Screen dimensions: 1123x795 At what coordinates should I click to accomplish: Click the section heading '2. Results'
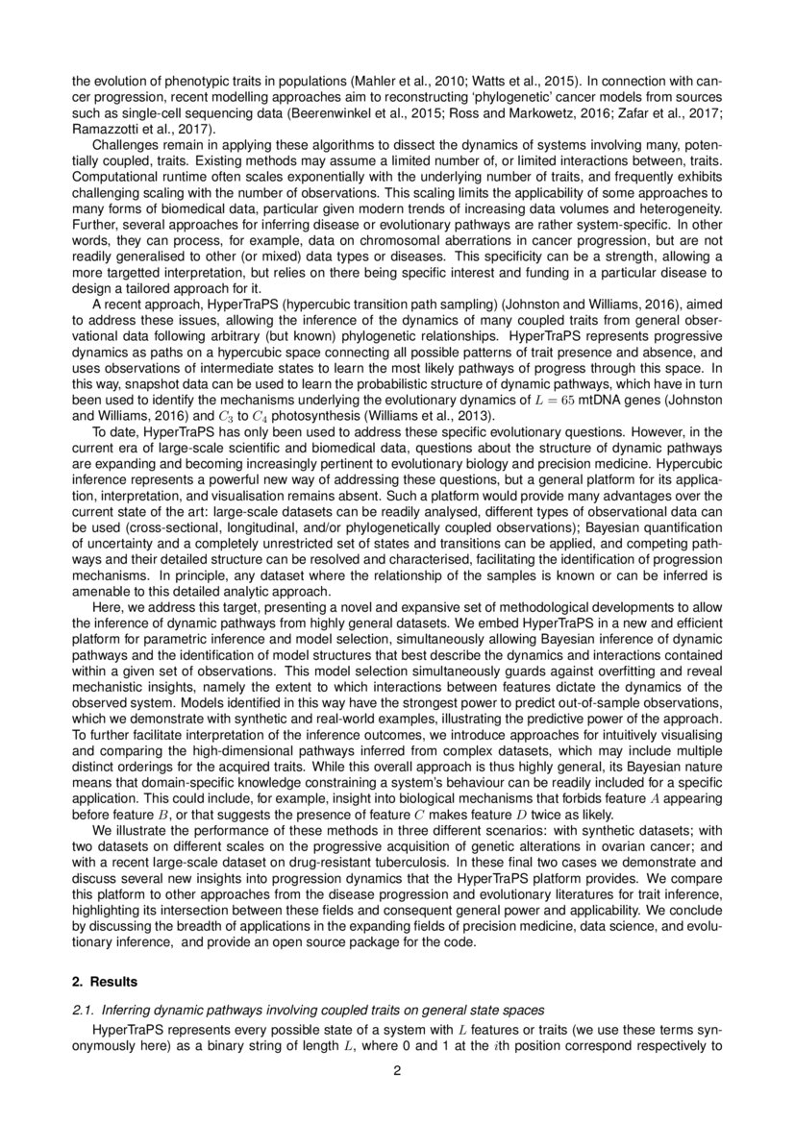(105, 982)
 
